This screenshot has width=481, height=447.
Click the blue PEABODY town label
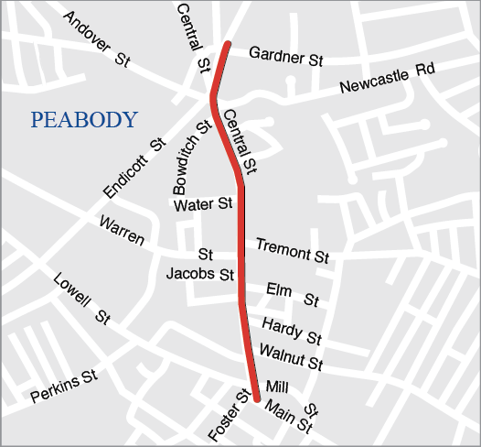click(x=83, y=120)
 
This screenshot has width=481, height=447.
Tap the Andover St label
click(x=97, y=40)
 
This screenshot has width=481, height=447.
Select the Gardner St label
click(x=286, y=57)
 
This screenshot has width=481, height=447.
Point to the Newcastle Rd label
click(x=387, y=80)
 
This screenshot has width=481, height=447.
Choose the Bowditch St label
click(x=192, y=156)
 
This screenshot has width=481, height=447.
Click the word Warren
click(x=122, y=231)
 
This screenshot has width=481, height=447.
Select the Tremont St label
click(x=292, y=250)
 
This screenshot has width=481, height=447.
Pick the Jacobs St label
click(x=200, y=273)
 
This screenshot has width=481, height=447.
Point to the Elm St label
click(x=292, y=295)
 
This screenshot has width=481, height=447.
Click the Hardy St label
click(x=292, y=331)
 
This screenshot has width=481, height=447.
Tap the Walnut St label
click(x=291, y=357)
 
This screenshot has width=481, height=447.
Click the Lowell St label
click(x=81, y=299)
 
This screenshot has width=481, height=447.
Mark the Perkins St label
click(x=64, y=387)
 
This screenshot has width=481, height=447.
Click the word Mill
click(x=277, y=387)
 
